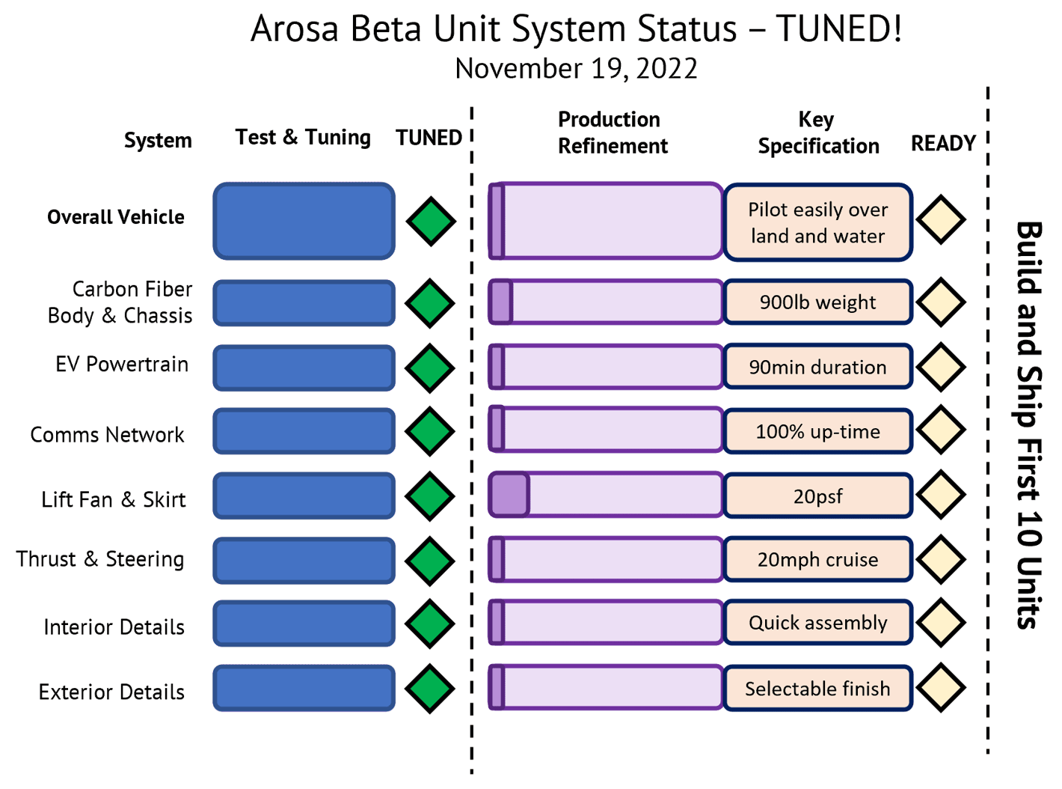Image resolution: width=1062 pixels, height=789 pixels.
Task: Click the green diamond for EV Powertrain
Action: click(x=429, y=368)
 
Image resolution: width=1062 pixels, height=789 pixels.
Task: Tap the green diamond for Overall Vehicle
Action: click(x=431, y=221)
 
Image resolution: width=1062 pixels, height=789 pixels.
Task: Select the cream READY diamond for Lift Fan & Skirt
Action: click(x=941, y=495)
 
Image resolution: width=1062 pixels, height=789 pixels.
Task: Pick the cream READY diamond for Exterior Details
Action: click(x=941, y=688)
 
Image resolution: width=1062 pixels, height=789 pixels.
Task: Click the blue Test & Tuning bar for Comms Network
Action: click(x=304, y=431)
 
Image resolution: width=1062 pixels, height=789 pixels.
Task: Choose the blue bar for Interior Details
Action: click(x=304, y=624)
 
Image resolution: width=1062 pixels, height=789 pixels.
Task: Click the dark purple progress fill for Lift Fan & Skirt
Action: click(x=509, y=495)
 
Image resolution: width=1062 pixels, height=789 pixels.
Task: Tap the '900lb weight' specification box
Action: click(x=817, y=302)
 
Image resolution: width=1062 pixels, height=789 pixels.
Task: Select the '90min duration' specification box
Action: click(x=817, y=367)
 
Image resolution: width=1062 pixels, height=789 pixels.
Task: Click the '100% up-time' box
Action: click(x=817, y=431)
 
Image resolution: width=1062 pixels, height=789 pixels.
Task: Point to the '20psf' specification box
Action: click(x=817, y=496)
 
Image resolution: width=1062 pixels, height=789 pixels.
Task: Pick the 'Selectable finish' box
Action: click(x=817, y=689)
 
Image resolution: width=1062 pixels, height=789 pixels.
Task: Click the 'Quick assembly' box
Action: click(x=817, y=622)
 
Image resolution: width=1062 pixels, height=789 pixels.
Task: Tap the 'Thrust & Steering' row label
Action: click(x=100, y=559)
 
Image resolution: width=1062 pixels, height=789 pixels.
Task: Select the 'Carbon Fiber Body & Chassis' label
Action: click(x=120, y=302)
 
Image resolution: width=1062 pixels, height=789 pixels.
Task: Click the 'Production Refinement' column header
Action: click(x=613, y=132)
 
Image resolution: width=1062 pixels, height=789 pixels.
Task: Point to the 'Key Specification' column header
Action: click(x=818, y=132)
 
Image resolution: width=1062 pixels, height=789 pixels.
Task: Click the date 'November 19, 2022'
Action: click(x=576, y=68)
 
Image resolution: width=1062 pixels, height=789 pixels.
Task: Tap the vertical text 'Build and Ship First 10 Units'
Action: click(x=1029, y=425)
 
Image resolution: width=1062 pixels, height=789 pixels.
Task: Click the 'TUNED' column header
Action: click(x=429, y=138)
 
